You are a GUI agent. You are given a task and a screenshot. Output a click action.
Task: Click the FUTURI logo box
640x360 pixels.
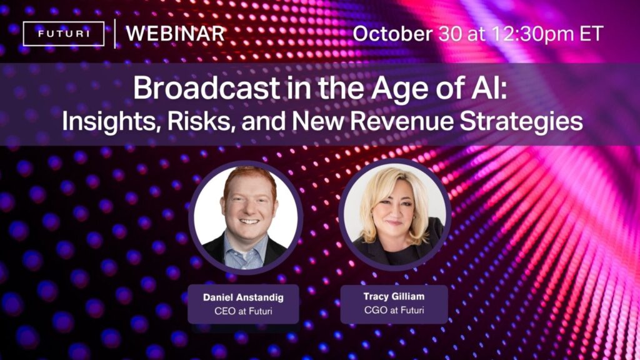coord(63,34)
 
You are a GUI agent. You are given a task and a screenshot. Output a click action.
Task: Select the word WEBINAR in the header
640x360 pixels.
coord(175,34)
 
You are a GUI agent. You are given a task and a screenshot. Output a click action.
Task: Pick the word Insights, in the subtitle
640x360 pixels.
coord(109,121)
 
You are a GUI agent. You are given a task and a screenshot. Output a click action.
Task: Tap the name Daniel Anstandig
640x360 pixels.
coord(243,297)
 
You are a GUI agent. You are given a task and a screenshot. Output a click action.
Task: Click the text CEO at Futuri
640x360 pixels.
coord(243,311)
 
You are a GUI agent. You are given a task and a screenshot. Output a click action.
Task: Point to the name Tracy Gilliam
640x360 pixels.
coord(394,297)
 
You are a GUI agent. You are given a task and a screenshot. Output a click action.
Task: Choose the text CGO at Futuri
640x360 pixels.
coord(394,310)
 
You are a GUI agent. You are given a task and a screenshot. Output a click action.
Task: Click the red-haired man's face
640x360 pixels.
coord(249,206)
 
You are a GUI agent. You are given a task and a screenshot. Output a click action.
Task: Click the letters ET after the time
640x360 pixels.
coord(591,34)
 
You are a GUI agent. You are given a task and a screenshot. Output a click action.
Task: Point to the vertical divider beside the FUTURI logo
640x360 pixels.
coord(115,34)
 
